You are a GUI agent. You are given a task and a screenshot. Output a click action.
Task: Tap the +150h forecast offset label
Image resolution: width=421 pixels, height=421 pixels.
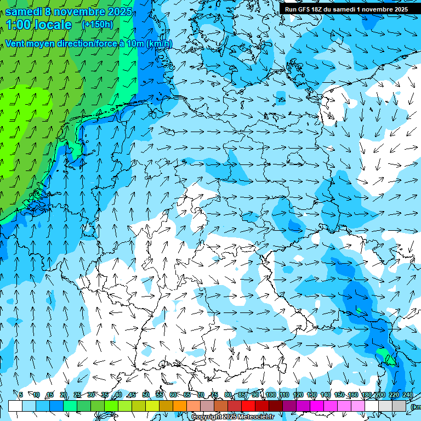pos(97,24)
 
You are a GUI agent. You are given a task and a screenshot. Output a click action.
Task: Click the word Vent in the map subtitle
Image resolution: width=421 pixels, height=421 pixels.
pos(16,44)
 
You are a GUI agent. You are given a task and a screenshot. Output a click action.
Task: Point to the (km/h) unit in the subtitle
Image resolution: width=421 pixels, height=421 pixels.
pos(159,44)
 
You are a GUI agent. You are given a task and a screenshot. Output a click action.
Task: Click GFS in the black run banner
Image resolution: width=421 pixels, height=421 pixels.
pos(305,9)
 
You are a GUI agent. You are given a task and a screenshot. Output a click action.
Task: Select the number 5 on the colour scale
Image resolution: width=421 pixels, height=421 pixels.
pos(21,395)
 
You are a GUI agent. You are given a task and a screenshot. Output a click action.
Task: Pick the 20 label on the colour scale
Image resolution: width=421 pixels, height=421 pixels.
pos(63,395)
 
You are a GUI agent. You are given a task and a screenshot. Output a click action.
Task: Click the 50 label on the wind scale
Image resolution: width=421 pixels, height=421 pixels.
pos(145,395)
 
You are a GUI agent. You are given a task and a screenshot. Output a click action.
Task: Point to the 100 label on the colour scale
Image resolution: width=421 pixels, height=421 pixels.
pos(270,395)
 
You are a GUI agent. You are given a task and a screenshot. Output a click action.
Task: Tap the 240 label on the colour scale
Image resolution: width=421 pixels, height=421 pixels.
pos(408,395)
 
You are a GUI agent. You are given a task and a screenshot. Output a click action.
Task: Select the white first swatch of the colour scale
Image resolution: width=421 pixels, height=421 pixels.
pos(15,406)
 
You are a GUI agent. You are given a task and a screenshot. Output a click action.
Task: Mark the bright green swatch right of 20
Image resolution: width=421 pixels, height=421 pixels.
pos(70,406)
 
